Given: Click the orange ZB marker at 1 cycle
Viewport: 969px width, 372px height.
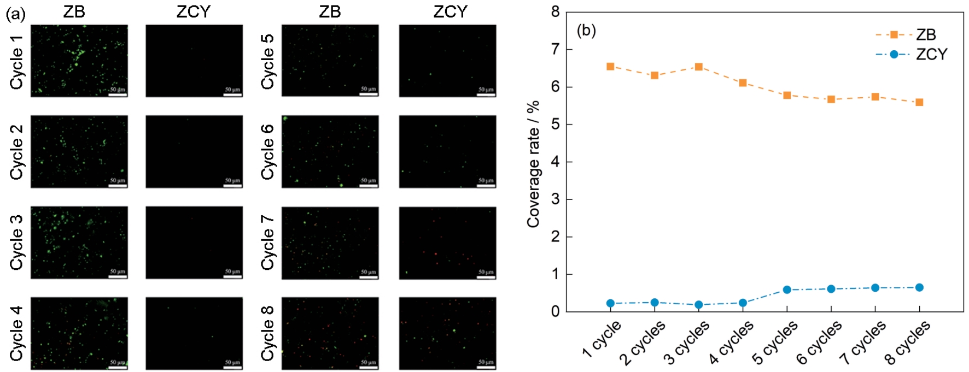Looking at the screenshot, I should coord(610,67).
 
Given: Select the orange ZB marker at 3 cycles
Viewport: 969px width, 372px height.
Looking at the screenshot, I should coord(698,67).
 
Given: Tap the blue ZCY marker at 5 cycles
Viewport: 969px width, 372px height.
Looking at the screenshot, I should coord(787,290).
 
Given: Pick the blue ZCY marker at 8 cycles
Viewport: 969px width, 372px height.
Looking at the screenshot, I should coord(919,287).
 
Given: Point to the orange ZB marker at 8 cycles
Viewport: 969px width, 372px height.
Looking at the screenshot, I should coord(919,102).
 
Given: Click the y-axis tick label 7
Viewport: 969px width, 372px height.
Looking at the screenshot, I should coord(556,50).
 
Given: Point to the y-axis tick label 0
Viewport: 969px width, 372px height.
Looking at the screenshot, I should coord(556,312).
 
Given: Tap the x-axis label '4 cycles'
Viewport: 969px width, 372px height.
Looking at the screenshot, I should coord(732,342).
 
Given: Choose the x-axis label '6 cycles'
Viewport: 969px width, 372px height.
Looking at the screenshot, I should coord(819,343).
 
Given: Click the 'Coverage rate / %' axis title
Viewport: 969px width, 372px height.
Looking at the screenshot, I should coord(533,164).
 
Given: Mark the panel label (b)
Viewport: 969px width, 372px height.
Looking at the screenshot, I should coord(586,31).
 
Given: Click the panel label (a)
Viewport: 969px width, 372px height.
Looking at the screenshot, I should coord(15,14).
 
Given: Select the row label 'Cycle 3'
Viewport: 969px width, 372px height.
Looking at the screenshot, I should coord(17,242).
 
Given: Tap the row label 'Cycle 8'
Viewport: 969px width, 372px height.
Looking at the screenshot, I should coord(267,333).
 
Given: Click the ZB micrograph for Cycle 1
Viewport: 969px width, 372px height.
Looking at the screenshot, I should coord(79,61).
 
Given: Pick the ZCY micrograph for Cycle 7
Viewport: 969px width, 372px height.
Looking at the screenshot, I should coord(447,243).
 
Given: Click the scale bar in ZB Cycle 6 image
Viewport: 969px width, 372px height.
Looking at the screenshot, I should coord(368,185).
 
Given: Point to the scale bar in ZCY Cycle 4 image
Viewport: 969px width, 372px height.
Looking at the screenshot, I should coord(232,367).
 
